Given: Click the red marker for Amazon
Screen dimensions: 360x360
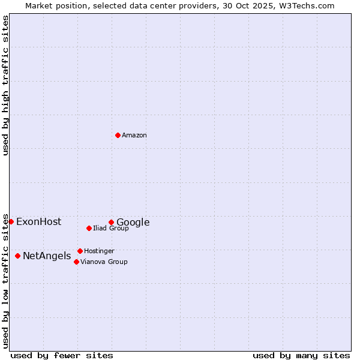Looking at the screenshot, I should tap(118, 135).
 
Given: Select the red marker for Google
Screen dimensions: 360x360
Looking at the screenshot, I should tap(111, 222).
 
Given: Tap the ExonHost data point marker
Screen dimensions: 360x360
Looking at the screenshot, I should tap(11, 221).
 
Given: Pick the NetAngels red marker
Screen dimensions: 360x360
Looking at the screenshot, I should tap(17, 256).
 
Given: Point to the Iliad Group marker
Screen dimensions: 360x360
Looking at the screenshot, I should tap(89, 228).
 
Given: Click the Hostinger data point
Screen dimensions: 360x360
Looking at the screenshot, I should tap(80, 251).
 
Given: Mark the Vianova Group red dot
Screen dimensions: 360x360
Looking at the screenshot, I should tap(76, 262).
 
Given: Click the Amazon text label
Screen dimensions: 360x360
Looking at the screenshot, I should tap(134, 136).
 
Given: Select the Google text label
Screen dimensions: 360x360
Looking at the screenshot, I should tap(133, 223).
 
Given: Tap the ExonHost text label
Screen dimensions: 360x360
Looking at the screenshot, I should tap(38, 222).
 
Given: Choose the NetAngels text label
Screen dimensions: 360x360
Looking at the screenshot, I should tap(47, 256).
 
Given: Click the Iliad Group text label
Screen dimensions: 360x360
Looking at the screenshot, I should tap(110, 229).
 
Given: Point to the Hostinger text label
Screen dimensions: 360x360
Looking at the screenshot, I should tap(99, 251).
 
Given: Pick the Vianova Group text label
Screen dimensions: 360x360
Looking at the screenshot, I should tap(104, 262).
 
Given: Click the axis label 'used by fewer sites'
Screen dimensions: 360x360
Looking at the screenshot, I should tap(62, 356).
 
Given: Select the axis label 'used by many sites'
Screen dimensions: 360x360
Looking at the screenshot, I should tap(301, 356).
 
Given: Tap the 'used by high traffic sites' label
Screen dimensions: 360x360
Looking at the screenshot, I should tap(5, 85).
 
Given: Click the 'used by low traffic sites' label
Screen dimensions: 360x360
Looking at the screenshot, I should tap(5, 281).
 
